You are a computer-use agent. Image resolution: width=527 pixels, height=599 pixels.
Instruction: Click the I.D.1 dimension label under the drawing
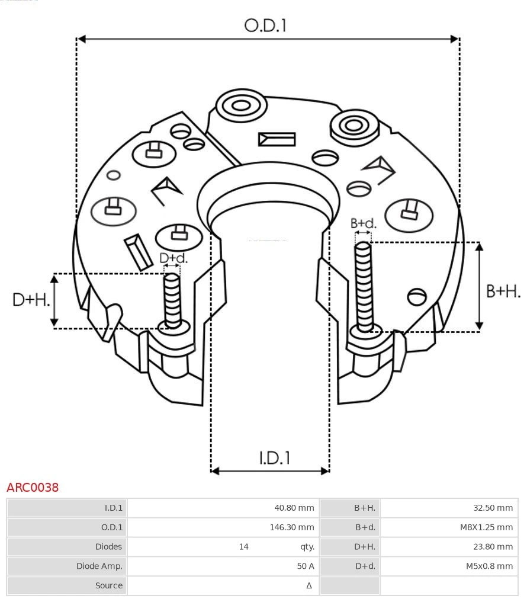pos(274,457)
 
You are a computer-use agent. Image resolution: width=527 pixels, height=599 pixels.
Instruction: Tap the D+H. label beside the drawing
pos(31,300)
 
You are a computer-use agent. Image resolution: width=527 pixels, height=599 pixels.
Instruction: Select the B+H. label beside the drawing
pos(503,291)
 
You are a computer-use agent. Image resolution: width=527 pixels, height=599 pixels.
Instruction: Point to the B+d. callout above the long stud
pos(363,223)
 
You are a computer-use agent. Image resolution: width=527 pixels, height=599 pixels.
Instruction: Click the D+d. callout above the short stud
pos(173,258)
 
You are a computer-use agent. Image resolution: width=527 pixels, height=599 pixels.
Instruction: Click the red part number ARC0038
pos(33,488)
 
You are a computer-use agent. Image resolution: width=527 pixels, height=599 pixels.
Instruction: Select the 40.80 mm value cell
pos(294,508)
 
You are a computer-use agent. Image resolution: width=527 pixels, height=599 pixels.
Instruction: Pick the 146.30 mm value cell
pos(292,527)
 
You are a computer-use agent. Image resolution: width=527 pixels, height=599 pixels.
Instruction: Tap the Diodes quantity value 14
pos(244,547)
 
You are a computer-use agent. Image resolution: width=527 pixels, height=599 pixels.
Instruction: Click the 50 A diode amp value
pos(306,566)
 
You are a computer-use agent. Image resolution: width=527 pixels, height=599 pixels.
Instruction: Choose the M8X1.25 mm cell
pos(486,527)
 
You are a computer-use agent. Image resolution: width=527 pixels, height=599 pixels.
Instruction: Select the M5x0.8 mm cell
pos(489,566)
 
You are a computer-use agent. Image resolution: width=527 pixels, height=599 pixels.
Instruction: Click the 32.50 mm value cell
pos(493,508)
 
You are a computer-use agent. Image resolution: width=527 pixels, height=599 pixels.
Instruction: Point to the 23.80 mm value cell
pos(493,547)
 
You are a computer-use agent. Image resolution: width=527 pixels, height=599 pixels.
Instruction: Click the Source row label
pos(109,585)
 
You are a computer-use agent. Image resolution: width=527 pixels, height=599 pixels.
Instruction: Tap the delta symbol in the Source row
pos(309,585)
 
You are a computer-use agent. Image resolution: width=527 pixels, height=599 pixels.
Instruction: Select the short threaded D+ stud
pos(172,299)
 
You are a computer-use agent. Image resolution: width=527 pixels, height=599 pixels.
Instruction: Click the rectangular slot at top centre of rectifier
pos(277,139)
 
